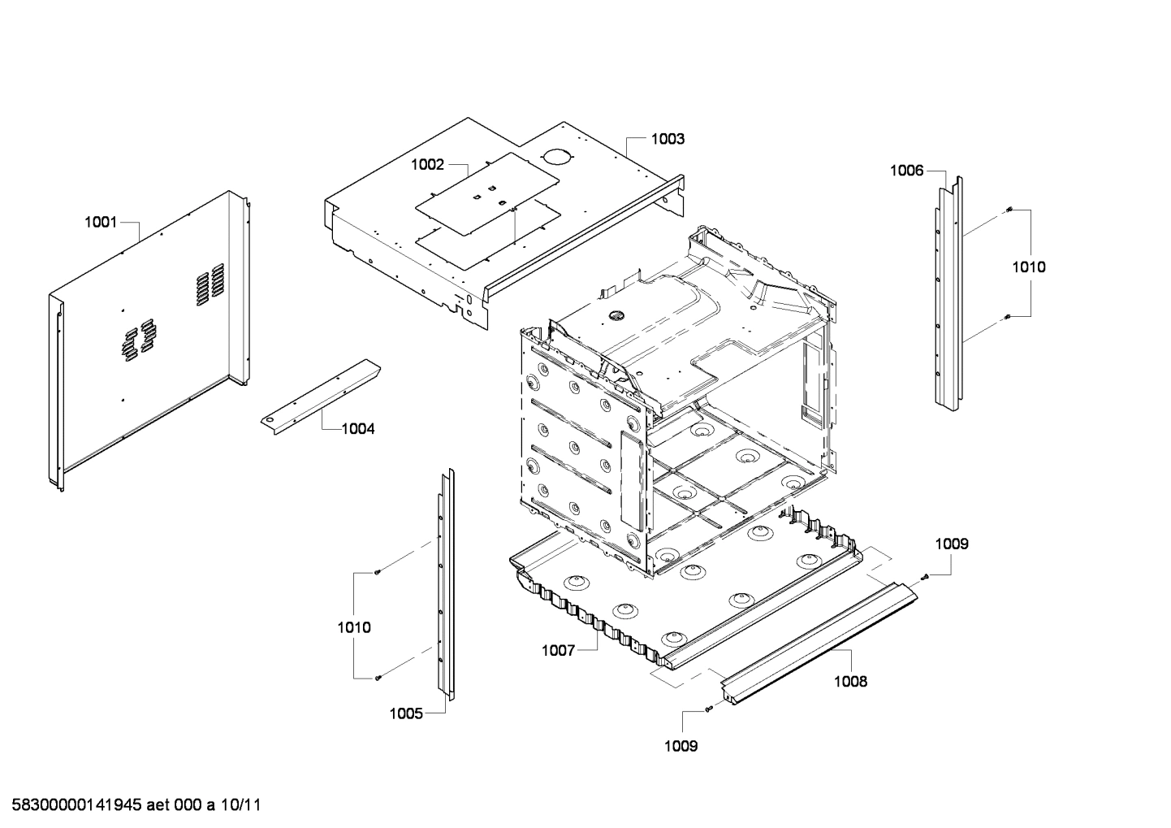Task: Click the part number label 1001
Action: (x=101, y=222)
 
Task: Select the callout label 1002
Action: (x=427, y=165)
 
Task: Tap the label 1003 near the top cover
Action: (x=668, y=139)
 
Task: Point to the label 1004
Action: (x=358, y=428)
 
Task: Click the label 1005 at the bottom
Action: (x=406, y=713)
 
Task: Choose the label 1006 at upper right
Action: (x=906, y=171)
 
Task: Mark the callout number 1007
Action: (x=559, y=650)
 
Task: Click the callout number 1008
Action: (x=850, y=682)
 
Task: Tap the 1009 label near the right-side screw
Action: (x=951, y=544)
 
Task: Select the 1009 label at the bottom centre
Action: (x=681, y=746)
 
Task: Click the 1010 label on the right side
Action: (x=1028, y=267)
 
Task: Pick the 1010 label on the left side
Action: (x=354, y=627)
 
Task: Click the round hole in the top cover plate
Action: (x=555, y=156)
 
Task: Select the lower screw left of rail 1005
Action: (x=378, y=678)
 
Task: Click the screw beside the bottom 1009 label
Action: (x=709, y=709)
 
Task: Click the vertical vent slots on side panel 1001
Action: (x=209, y=284)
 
